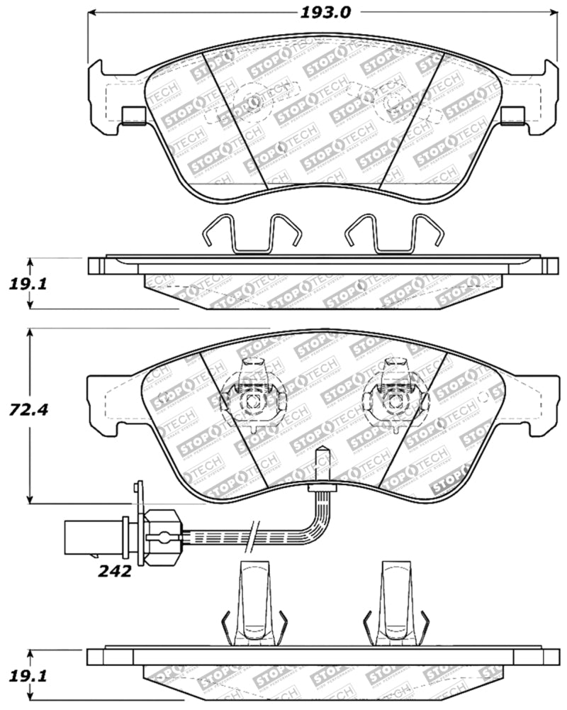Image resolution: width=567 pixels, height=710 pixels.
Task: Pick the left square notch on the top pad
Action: [133, 115]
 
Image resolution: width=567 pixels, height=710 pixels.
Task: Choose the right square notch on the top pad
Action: [512, 115]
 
